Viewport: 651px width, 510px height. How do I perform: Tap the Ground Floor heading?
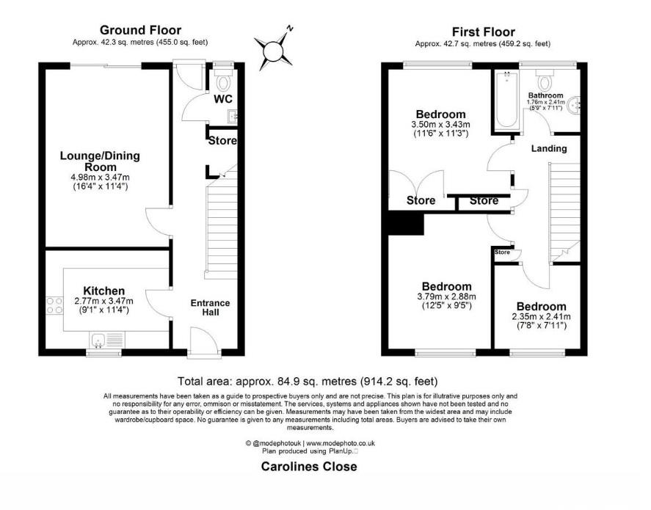click(140, 30)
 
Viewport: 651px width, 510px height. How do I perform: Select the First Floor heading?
click(484, 32)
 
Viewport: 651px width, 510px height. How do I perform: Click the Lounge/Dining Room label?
click(100, 161)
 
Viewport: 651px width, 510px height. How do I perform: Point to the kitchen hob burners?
click(54, 305)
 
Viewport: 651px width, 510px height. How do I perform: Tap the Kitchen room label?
click(103, 291)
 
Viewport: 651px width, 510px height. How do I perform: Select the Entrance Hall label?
click(210, 307)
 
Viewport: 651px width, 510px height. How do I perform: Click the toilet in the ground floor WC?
click(224, 81)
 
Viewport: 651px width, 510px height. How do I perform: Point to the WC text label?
click(224, 99)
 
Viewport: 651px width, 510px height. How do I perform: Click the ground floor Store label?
click(222, 140)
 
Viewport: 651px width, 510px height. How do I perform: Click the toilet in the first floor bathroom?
click(545, 79)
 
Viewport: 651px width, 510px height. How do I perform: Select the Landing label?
click(549, 148)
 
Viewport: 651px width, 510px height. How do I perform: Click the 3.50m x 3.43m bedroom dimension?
click(440, 125)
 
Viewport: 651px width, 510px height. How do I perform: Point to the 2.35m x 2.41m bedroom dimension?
click(541, 317)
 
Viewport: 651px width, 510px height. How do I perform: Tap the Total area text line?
click(308, 381)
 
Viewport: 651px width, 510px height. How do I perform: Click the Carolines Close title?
click(310, 467)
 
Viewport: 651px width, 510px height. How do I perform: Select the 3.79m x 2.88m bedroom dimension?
click(445, 296)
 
